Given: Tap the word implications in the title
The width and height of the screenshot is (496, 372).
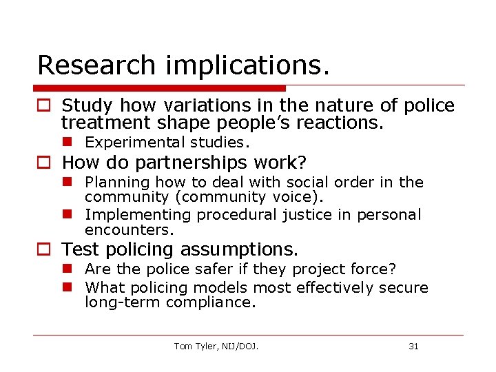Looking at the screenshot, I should tap(247, 66).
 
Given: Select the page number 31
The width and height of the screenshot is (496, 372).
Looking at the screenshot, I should tap(413, 346).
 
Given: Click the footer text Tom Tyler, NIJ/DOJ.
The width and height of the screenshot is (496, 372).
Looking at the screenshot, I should tap(216, 346).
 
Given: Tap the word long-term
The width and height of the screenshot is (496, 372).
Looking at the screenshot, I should tap(123, 302).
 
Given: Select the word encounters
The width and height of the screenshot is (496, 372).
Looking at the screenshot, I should tap(129, 230).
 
